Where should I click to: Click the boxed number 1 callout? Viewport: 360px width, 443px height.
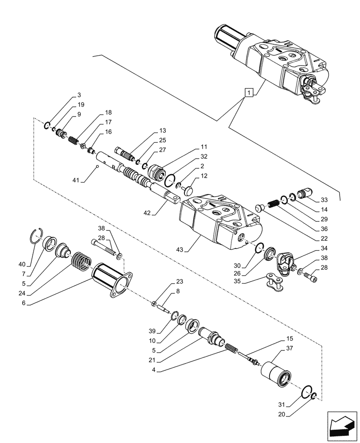pyautogui.click(x=250, y=93)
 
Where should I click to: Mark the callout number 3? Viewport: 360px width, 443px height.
pyautogui.click(x=79, y=95)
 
